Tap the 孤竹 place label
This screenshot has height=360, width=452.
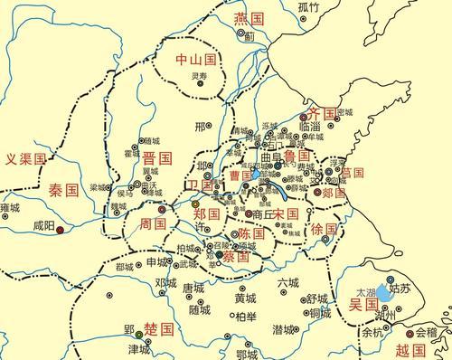tap(308, 7)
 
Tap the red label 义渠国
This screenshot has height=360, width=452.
tap(24, 160)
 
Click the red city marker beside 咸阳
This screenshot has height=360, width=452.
tap(60, 231)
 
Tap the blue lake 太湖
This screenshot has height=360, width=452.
tap(384, 293)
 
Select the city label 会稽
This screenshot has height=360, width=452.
tap(426, 332)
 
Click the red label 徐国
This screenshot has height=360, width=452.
tap(323, 229)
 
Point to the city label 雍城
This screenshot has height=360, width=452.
tap(10, 208)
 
